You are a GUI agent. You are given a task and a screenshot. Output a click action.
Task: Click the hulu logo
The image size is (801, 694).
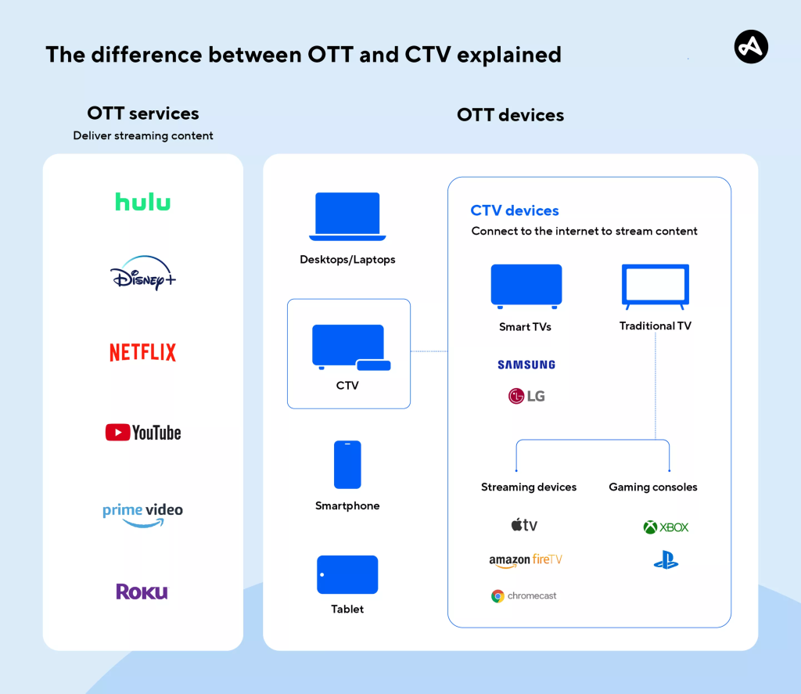[x=143, y=201]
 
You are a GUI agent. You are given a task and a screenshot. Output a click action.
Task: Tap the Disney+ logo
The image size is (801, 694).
[x=143, y=274]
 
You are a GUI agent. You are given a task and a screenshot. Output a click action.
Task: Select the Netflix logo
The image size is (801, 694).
[x=143, y=352]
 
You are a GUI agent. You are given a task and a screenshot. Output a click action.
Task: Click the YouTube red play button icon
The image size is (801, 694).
[x=118, y=432]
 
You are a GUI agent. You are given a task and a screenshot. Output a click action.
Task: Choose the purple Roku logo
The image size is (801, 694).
[x=142, y=592]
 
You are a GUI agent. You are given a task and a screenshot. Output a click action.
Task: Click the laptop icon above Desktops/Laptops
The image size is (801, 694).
[x=347, y=216]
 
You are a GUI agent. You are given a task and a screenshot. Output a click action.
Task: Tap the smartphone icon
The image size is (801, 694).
[x=347, y=465]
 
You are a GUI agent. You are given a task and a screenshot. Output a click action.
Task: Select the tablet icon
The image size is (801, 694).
[x=347, y=575]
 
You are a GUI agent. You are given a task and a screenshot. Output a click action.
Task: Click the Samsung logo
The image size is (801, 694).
[x=526, y=365]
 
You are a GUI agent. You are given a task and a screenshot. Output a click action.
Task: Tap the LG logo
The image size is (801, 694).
[x=526, y=396]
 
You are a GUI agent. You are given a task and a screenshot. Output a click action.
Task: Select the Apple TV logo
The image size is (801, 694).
[x=525, y=525]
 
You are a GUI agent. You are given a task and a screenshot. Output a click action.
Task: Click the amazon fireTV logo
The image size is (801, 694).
[x=526, y=560]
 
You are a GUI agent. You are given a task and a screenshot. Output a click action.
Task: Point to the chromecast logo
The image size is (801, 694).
[x=524, y=596]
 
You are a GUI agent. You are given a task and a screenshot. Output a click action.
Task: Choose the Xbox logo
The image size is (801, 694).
[x=666, y=527]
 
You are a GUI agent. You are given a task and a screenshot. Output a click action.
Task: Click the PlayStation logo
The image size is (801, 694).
[x=666, y=561]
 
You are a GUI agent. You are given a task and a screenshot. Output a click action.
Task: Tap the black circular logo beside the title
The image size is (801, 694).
[x=751, y=48]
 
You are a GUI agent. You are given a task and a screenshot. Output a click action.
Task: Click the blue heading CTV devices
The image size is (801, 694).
[x=515, y=210]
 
